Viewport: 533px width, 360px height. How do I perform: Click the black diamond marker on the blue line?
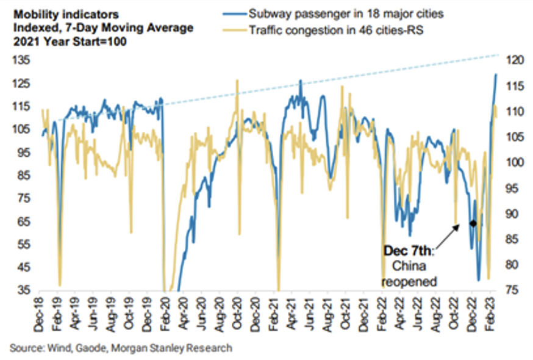[473, 223]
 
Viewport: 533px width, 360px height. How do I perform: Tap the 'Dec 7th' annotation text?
[407, 250]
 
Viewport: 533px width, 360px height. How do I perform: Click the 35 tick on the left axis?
[24, 290]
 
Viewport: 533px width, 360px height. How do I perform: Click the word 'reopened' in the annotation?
[409, 281]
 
